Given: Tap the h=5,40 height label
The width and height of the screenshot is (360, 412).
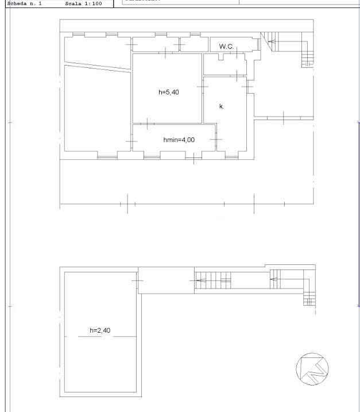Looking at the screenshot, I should [x=169, y=92].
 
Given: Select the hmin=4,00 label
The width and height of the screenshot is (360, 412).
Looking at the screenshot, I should [x=179, y=139].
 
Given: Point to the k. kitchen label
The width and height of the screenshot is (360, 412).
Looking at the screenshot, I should [x=222, y=106].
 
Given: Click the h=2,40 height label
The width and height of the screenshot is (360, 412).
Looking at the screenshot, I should [x=100, y=330].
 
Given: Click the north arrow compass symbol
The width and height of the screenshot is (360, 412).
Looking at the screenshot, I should [x=312, y=368].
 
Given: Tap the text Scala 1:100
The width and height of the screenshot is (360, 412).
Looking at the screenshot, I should [x=84, y=3].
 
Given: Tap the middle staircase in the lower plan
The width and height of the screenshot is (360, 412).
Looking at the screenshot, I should [x=213, y=280].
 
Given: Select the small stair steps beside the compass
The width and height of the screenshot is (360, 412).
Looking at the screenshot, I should [x=309, y=299].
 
